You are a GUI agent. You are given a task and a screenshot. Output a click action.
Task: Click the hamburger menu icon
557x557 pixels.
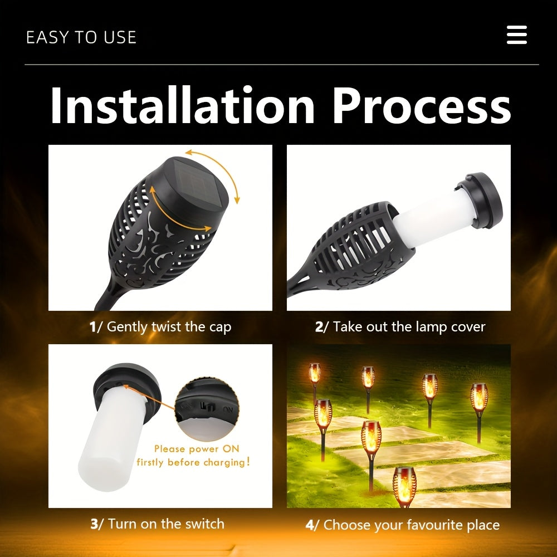click(x=516, y=35)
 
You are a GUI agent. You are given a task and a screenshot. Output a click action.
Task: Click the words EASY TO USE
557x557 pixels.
click(x=81, y=37)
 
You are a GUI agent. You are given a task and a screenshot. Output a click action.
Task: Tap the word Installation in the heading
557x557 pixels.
click(x=183, y=105)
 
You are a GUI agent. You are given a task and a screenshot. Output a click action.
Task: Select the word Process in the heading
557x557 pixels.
click(x=422, y=105)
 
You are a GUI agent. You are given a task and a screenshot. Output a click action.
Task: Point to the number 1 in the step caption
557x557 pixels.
click(x=92, y=327)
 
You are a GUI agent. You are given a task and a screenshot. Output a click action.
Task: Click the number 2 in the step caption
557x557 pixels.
click(x=319, y=327)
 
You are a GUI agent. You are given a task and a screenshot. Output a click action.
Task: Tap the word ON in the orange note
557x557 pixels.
click(x=231, y=448)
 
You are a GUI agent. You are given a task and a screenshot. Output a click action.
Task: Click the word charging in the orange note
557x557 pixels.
click(x=224, y=462)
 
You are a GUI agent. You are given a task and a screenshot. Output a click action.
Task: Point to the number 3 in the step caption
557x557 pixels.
click(x=95, y=524)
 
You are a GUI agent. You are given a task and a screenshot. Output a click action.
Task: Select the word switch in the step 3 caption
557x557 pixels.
click(x=206, y=524)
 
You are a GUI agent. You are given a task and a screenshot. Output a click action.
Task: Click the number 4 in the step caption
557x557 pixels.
click(x=310, y=525)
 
